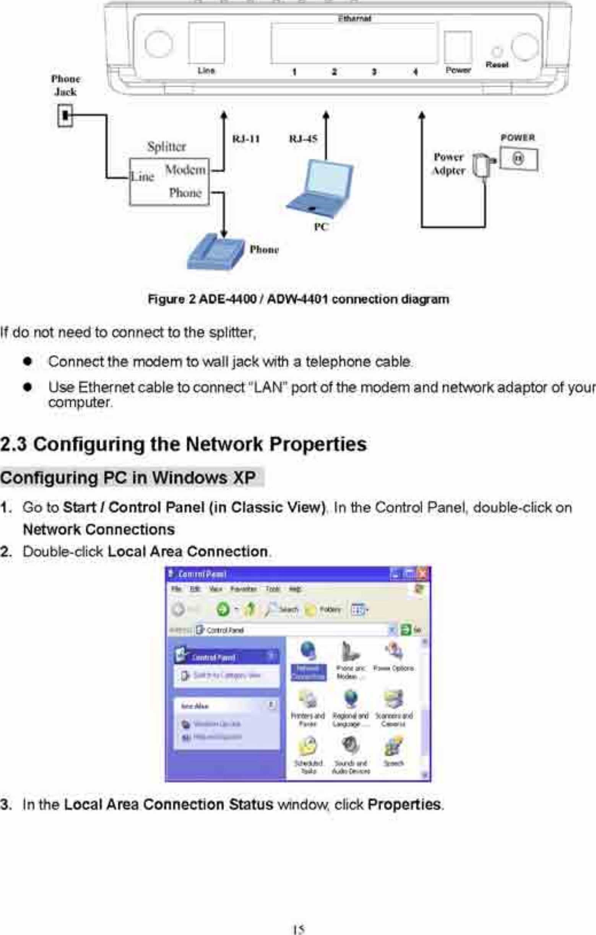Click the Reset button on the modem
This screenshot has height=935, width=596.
(x=497, y=52)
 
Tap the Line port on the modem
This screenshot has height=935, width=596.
(x=206, y=43)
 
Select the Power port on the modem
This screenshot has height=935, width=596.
(x=458, y=47)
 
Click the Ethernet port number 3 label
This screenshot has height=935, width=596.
(x=374, y=72)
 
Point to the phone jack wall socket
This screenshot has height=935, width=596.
(x=65, y=115)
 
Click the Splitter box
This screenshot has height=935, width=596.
(x=169, y=181)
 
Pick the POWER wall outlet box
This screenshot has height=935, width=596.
(x=518, y=158)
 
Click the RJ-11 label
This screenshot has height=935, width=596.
(x=246, y=139)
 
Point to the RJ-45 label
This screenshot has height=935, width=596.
(x=303, y=139)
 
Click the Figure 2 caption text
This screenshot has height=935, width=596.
(x=299, y=300)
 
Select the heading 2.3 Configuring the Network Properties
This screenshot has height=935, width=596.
(x=183, y=444)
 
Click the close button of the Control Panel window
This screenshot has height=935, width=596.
(x=422, y=574)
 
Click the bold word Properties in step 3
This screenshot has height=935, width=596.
(x=404, y=805)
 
